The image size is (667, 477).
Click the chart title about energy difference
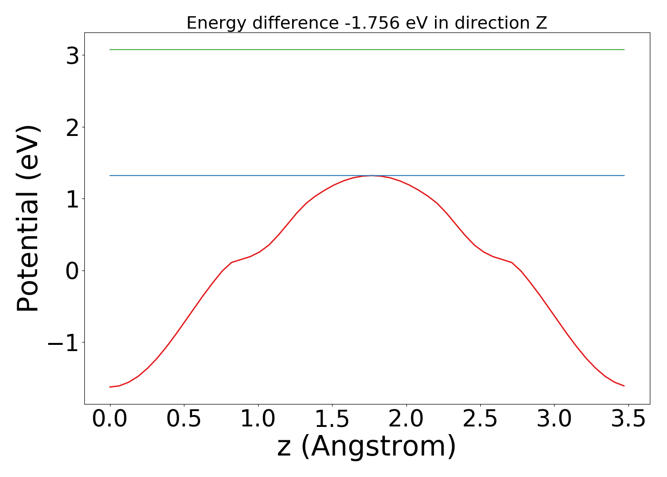(x=366, y=23)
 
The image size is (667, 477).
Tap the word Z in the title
(x=541, y=23)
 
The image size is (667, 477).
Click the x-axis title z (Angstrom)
(x=366, y=446)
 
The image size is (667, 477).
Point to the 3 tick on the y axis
(x=73, y=56)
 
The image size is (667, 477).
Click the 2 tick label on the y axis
(x=73, y=127)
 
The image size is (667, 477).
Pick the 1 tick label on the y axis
(x=73, y=199)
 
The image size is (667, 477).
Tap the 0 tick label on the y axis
(x=73, y=271)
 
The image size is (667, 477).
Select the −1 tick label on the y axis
(x=65, y=342)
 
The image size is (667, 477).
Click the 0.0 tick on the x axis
(x=110, y=419)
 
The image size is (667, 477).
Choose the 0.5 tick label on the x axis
(x=184, y=419)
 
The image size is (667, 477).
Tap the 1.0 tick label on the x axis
(x=258, y=419)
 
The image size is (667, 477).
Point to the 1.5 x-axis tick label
(x=332, y=419)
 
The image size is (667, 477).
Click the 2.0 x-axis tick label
(x=406, y=419)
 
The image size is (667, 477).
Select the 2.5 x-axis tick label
(x=480, y=419)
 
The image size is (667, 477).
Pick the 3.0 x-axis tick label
(x=555, y=419)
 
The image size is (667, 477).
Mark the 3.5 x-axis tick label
(x=628, y=419)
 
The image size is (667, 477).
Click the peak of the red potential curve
(x=372, y=176)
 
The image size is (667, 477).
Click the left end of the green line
(x=111, y=50)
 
